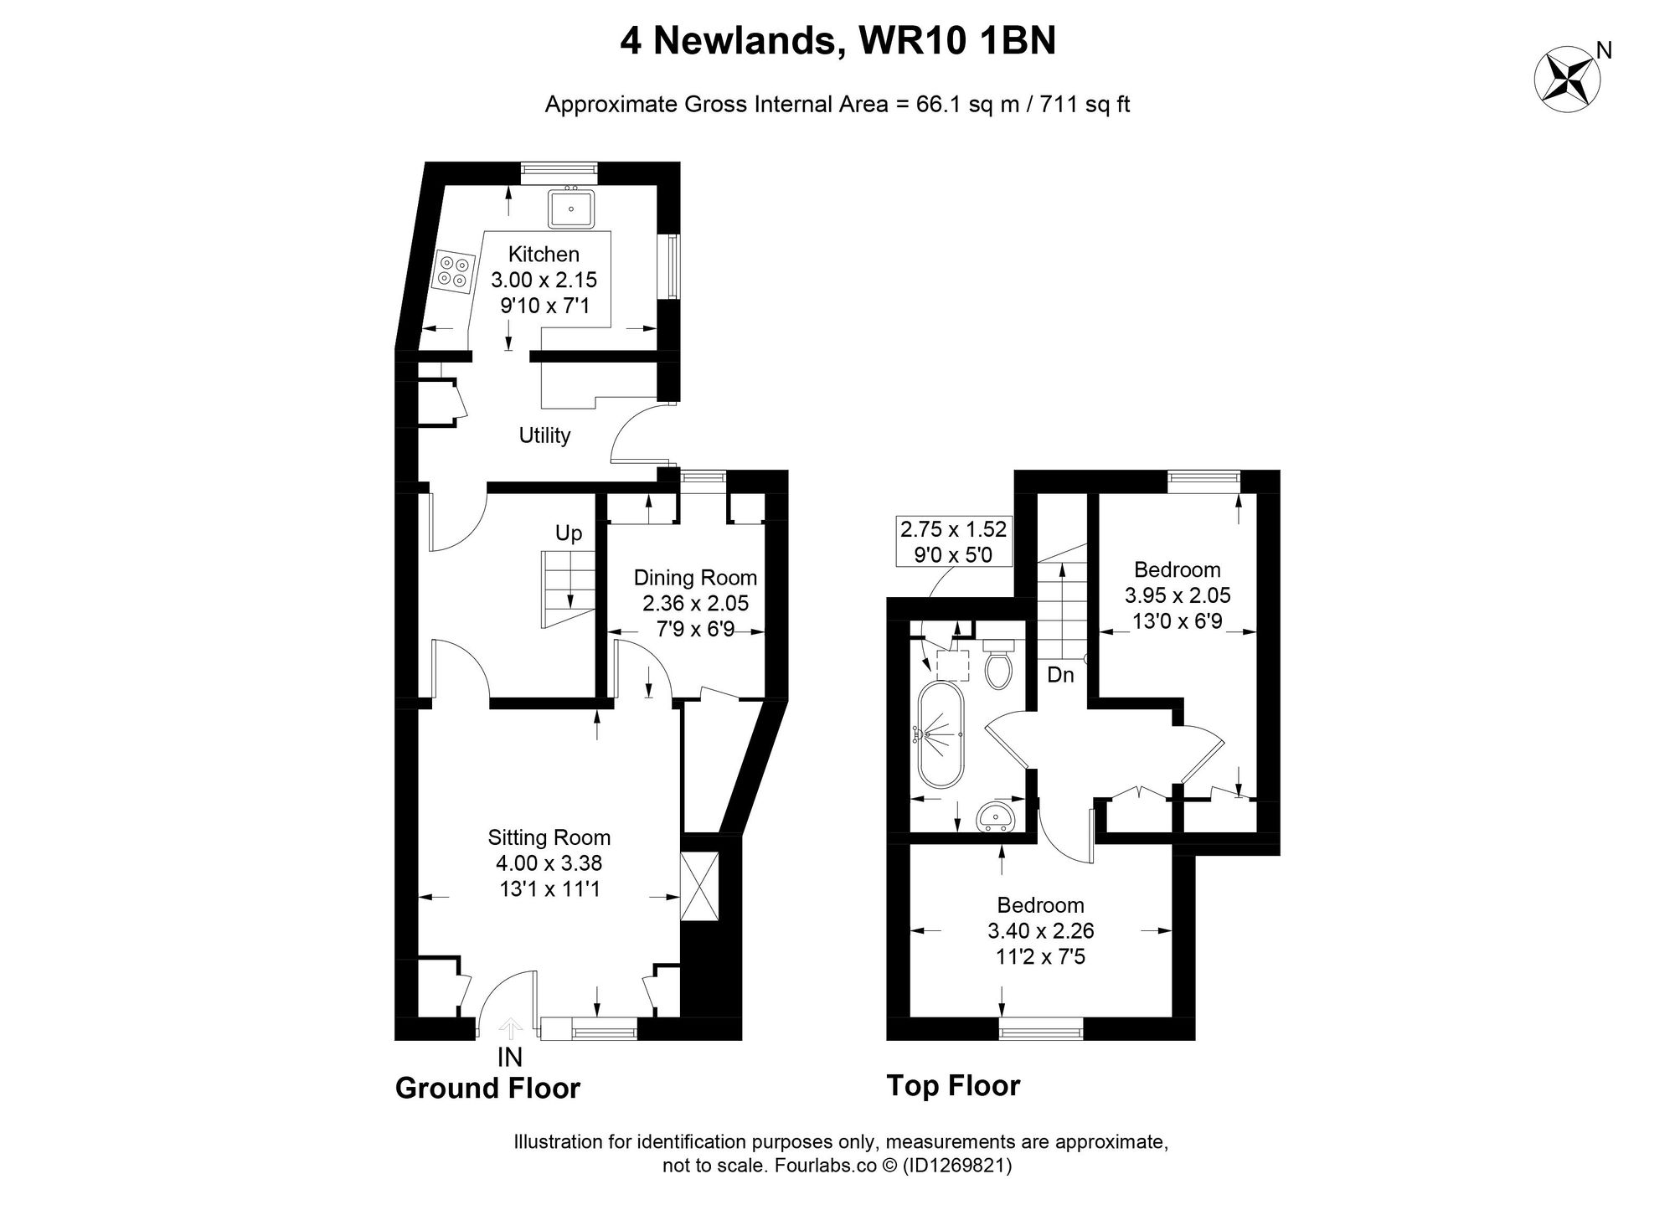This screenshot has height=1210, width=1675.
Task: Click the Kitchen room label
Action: click(x=544, y=254)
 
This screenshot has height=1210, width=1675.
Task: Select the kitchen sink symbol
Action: click(x=571, y=209)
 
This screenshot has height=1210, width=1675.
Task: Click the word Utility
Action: click(x=544, y=435)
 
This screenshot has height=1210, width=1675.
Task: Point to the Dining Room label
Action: click(x=695, y=578)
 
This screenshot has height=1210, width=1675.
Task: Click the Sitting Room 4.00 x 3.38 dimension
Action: click(x=549, y=863)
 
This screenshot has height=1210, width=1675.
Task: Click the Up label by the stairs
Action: click(x=569, y=534)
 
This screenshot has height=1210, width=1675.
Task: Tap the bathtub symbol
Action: click(x=942, y=735)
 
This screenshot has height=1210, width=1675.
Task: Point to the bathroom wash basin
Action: click(x=998, y=815)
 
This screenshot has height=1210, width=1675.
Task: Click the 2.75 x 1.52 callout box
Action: click(x=953, y=542)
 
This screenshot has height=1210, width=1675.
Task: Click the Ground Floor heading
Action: click(x=487, y=1089)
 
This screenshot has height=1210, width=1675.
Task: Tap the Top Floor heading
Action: click(x=953, y=1086)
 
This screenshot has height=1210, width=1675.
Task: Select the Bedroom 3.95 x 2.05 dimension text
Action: click(x=1177, y=595)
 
